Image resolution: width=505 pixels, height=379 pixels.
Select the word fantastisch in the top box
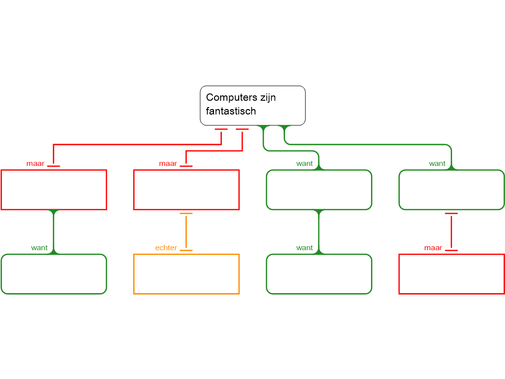(x=231, y=112)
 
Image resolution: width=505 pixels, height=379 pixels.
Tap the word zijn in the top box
(x=266, y=98)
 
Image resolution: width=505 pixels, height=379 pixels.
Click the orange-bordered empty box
(x=186, y=274)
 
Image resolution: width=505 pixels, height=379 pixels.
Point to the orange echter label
(x=166, y=248)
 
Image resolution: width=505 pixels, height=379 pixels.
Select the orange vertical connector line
(x=186, y=232)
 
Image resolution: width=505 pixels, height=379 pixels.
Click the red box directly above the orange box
(x=186, y=189)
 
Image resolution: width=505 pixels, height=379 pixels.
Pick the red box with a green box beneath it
(x=54, y=189)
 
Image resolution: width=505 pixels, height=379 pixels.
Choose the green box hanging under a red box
(x=54, y=274)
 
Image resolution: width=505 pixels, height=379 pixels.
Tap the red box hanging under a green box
(x=451, y=274)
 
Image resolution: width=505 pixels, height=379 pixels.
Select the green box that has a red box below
(x=451, y=189)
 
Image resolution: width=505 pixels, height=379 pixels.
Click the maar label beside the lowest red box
(x=433, y=248)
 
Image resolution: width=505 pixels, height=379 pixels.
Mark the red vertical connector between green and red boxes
(x=451, y=232)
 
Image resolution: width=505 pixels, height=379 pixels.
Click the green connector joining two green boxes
(x=319, y=232)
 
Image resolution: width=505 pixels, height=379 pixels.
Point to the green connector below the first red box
(x=54, y=232)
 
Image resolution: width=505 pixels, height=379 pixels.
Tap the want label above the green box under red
(x=39, y=248)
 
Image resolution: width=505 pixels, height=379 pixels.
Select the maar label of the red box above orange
(x=168, y=164)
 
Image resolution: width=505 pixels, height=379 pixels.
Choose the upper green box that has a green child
(x=319, y=189)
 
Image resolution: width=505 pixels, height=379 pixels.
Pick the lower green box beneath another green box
(x=319, y=274)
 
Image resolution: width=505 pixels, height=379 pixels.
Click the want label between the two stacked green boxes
(x=304, y=248)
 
